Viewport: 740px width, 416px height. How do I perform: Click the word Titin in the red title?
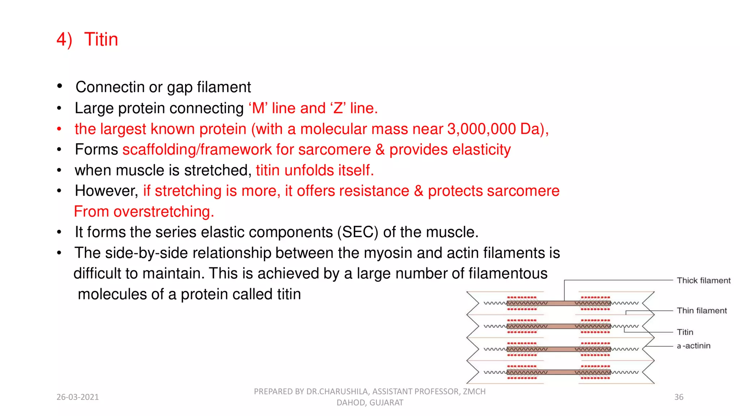101,39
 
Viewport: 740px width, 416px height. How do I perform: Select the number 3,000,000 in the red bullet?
481,129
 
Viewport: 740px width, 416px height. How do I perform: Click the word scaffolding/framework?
197,149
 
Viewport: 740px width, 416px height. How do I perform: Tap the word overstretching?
163,212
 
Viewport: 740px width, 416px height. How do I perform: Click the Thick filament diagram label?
703,281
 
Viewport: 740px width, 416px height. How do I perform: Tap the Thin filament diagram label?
701,311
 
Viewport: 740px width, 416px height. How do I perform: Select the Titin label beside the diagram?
685,332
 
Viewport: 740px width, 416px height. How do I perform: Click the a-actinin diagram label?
693,346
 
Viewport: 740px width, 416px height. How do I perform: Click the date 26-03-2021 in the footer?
78,397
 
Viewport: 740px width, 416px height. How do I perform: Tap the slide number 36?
679,397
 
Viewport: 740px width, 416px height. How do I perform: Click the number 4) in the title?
64,39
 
